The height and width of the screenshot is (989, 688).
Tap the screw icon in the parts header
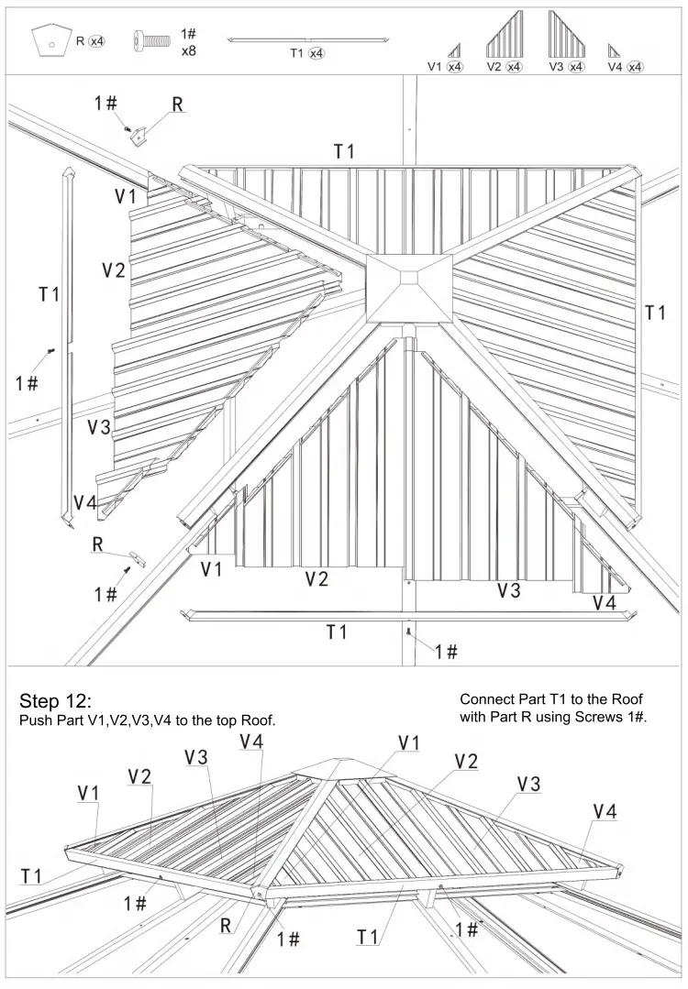pos(152,40)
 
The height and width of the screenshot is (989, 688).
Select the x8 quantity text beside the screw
pos(188,51)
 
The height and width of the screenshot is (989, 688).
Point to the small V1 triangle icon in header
pos(454,50)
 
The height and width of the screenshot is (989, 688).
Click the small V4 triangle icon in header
pos(614,51)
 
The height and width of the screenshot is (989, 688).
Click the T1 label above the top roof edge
pos(344,151)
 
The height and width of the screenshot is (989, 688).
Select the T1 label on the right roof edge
pos(655,313)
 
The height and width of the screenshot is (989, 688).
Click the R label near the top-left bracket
pos(178,104)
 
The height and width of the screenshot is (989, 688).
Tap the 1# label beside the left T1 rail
pos(27,382)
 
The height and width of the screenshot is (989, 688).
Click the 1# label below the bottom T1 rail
pos(446,651)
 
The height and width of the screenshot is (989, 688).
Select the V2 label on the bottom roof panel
pos(316,578)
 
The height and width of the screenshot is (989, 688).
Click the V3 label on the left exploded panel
pos(99,426)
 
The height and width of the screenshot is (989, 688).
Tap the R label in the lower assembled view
pos(226,925)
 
